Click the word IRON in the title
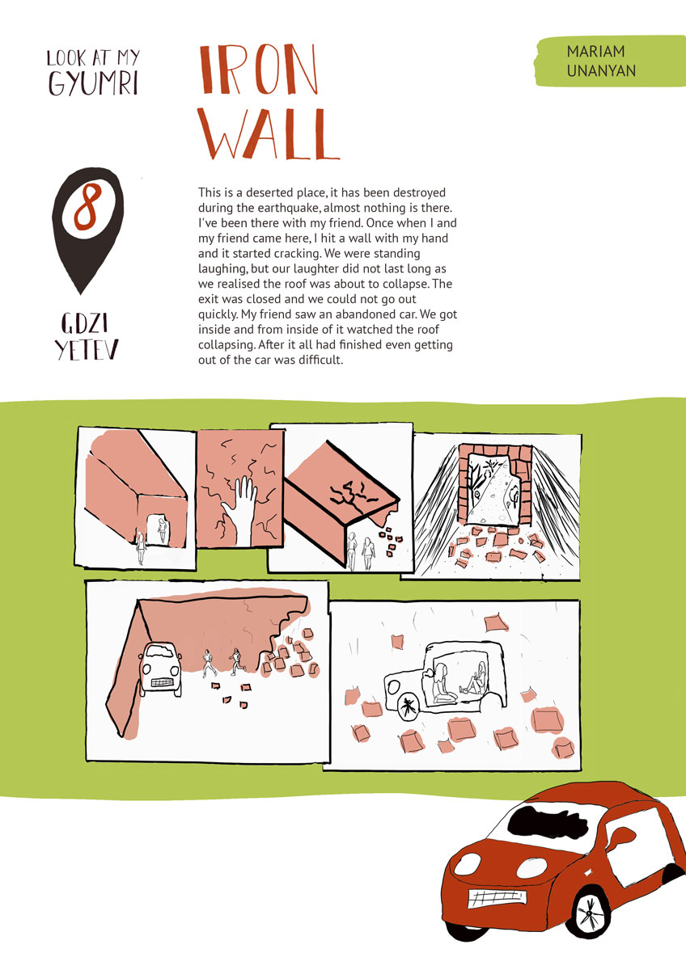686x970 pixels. coord(259,70)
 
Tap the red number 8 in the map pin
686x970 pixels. coord(88,207)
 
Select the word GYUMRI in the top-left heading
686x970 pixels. coord(93,82)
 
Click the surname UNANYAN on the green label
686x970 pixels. coord(601,71)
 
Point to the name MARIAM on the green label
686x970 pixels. coord(596,52)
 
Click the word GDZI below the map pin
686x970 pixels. coord(84,323)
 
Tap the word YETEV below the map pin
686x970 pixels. coord(87,350)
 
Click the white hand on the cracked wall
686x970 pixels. coord(241,510)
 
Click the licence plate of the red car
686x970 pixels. coord(497,898)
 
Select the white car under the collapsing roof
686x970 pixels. coord(160,669)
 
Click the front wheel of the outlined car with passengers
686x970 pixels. coord(408,708)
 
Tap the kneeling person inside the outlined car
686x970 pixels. coord(443,684)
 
